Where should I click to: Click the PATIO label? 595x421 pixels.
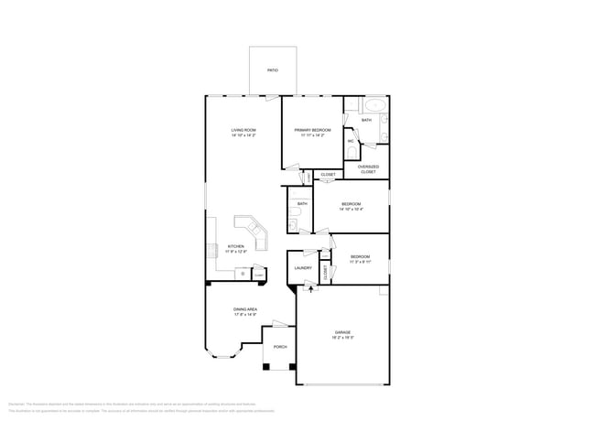coord(272,70)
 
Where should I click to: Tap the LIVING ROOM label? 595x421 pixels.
coord(243,131)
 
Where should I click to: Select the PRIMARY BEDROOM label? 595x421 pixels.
coord(312,131)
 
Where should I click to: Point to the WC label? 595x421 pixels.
coord(351,141)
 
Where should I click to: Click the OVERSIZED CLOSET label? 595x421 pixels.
coord(367,169)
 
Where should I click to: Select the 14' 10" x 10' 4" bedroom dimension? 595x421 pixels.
coord(352,210)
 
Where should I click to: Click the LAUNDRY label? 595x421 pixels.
coord(303,268)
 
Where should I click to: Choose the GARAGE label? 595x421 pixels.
coord(342,331)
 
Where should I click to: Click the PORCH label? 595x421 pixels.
coord(280,347)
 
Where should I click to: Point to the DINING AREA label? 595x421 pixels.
coord(245,309)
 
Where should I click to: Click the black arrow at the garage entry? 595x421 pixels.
coord(308,289)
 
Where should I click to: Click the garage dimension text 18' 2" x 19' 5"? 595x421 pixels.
coord(342,338)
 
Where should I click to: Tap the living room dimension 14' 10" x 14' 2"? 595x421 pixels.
coord(243,136)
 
